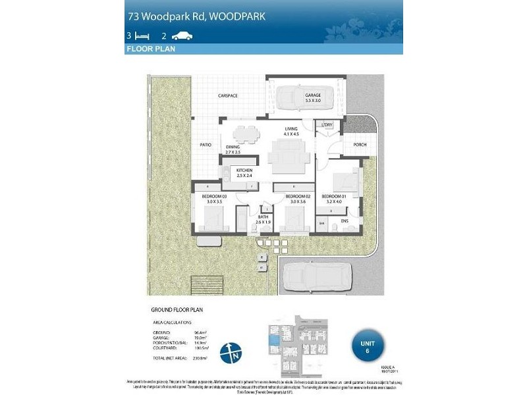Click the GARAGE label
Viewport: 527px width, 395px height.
tap(312, 95)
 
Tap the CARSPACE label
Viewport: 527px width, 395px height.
tap(228, 96)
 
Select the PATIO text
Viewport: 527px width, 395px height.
tap(206, 144)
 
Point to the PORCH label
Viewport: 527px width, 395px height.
tap(360, 145)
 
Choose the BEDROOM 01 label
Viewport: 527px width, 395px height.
tap(333, 197)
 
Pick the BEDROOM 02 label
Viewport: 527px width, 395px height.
tap(298, 197)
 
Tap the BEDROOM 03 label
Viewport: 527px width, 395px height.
tap(215, 197)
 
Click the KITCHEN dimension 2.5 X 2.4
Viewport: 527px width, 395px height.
tap(240, 176)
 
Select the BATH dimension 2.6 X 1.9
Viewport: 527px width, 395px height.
tap(263, 222)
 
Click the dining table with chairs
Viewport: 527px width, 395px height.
tap(247, 134)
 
